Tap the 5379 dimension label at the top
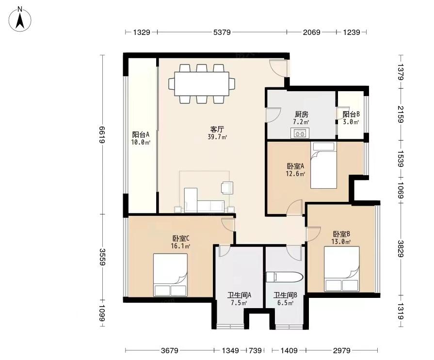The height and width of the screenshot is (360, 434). pos(222,33)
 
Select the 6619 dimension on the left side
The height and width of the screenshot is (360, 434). pos(102,134)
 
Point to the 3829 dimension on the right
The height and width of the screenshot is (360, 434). pos(401,248)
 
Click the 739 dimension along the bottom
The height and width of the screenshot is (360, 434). pos(255,351)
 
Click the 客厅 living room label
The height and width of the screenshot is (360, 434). pos(217,129)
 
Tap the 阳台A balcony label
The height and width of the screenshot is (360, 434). pos(141,134)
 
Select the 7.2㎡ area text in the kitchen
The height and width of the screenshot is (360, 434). pos(301,122)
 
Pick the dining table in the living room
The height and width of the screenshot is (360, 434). pos(202,83)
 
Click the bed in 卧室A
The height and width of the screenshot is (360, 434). pos(323,165)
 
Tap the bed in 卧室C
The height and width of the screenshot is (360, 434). pos(170,275)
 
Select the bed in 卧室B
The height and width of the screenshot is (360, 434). pos(342,269)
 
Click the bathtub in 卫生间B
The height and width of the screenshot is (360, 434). pos(285,277)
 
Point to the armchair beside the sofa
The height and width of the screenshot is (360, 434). pos(227,188)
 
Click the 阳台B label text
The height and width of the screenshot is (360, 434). pos(351,114)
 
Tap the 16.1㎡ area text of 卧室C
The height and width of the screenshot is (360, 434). pos(180,245)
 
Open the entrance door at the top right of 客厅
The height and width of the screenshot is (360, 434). pos(279,68)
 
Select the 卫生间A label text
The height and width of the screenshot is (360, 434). pos(239,295)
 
